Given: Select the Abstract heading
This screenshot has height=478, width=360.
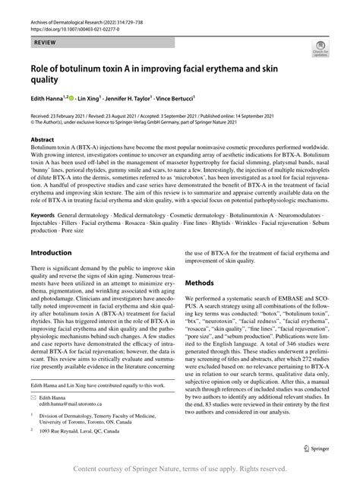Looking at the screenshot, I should click(x=43, y=140).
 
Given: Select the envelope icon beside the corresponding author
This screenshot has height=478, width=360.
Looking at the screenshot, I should click(x=34, y=397).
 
